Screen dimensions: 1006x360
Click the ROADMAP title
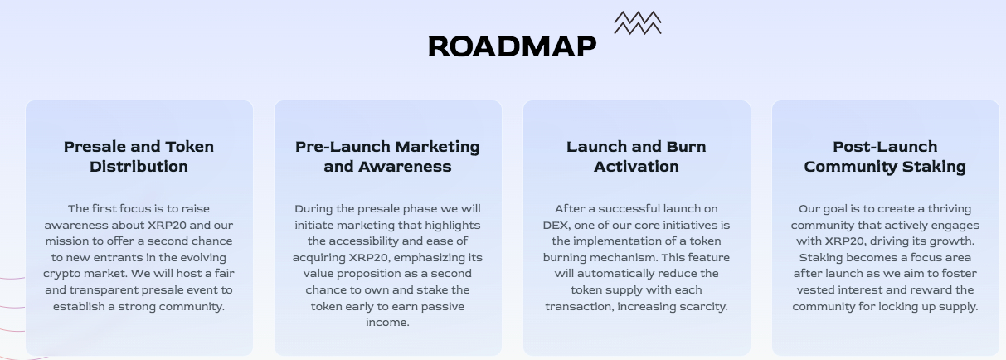(512, 46)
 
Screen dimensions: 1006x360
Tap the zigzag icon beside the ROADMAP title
(638, 23)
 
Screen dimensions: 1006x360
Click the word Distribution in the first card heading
(139, 167)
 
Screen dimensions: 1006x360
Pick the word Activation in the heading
(636, 167)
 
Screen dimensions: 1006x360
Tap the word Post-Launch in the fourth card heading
(885, 147)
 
